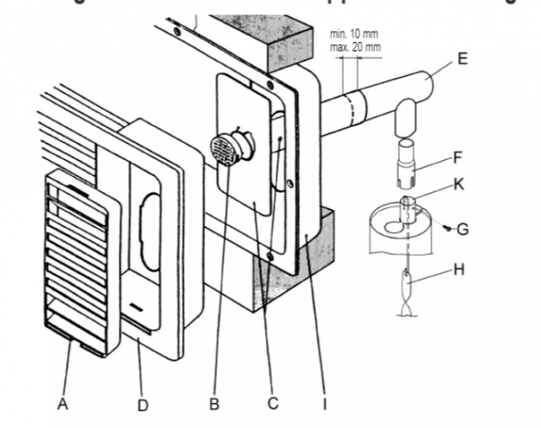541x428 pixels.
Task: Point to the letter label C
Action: coord(274,402)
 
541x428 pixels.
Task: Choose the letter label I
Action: coord(325,402)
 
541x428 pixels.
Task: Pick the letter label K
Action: coord(460,185)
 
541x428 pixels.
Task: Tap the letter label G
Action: coord(462,229)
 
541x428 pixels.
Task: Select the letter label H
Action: coord(459,270)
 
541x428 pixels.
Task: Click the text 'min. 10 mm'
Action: coord(354,33)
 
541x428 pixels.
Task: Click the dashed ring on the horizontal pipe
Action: coord(348,110)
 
